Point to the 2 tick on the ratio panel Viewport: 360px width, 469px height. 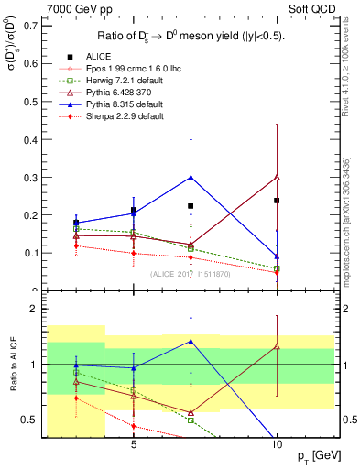click(x=35, y=310)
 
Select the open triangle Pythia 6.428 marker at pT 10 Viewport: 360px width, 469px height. click(x=277, y=177)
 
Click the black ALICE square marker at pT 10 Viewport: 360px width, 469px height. click(x=277, y=200)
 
